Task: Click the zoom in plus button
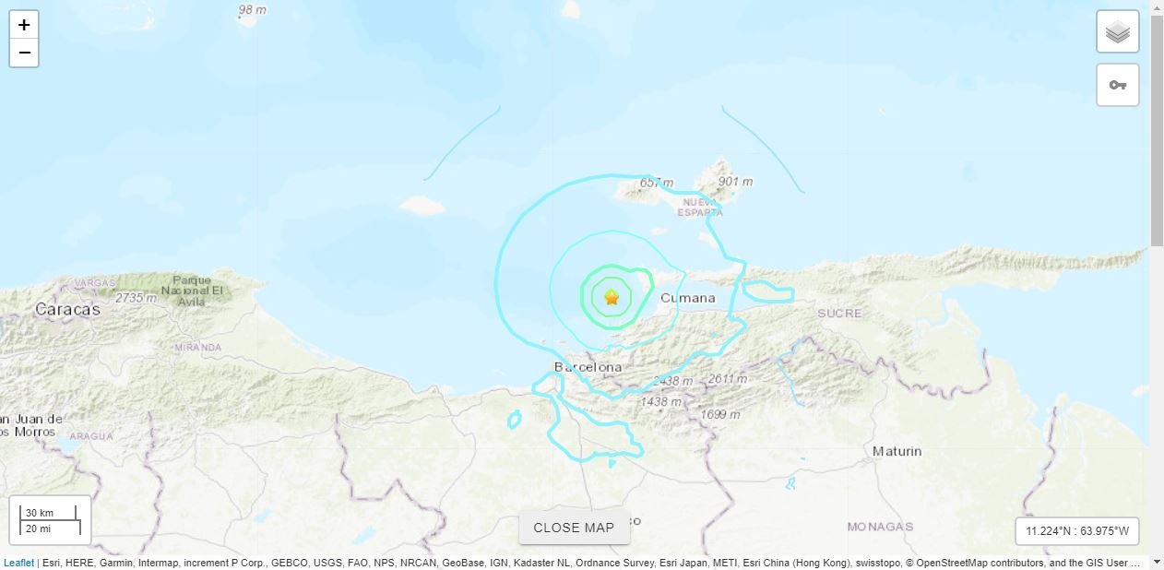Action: [24, 25]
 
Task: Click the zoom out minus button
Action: [24, 53]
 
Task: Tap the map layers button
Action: [1117, 32]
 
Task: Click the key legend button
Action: [1117, 85]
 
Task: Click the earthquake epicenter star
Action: [611, 297]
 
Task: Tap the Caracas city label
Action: [67, 310]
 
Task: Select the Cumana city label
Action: [688, 298]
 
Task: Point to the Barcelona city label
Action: [588, 367]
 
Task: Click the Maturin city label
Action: [897, 451]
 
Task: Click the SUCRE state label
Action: [839, 314]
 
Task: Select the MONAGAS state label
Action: [880, 527]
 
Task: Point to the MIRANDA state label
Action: [198, 347]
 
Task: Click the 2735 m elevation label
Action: [136, 298]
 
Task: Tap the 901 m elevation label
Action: [735, 182]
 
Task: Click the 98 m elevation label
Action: [252, 10]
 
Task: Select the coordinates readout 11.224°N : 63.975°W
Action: [1077, 531]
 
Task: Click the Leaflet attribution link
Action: [18, 563]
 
